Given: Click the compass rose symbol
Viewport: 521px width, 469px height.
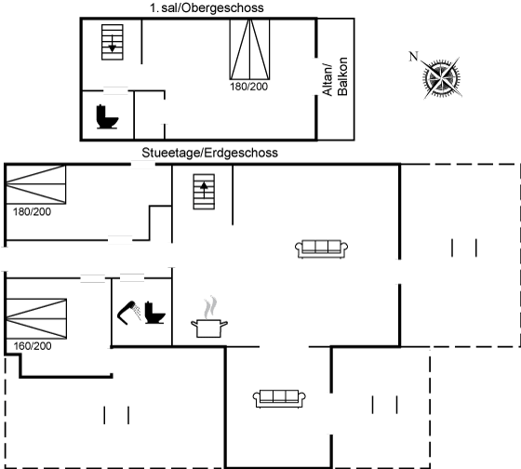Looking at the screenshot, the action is [442, 79].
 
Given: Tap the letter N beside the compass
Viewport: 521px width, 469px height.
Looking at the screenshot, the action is [413, 56].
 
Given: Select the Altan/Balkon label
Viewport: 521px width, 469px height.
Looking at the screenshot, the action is [335, 77].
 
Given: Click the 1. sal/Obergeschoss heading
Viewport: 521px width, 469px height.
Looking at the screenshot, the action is [207, 7].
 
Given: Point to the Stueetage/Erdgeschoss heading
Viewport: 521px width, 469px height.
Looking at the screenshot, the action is [209, 153].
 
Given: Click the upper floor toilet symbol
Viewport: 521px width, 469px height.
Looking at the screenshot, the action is [107, 116].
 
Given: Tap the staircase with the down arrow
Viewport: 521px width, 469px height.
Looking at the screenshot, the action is [113, 42].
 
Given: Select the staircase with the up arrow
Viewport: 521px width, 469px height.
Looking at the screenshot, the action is [204, 192].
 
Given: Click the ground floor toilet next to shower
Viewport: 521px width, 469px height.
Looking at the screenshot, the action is [154, 313].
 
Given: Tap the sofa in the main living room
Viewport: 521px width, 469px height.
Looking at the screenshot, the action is [321, 249].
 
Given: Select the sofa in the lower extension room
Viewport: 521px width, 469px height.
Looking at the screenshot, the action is [279, 398].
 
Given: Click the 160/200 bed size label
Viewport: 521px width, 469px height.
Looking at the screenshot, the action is [33, 346].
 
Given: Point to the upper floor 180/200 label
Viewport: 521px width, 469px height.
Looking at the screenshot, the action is [249, 87].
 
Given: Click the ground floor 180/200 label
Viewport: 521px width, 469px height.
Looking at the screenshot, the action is [33, 212].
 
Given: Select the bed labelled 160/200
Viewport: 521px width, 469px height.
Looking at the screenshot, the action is [36, 319].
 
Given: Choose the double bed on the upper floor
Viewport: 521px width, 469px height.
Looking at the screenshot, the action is [249, 49].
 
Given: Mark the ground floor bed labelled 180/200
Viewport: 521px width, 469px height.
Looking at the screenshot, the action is [36, 184].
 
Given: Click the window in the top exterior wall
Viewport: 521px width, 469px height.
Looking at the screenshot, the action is [143, 164].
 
